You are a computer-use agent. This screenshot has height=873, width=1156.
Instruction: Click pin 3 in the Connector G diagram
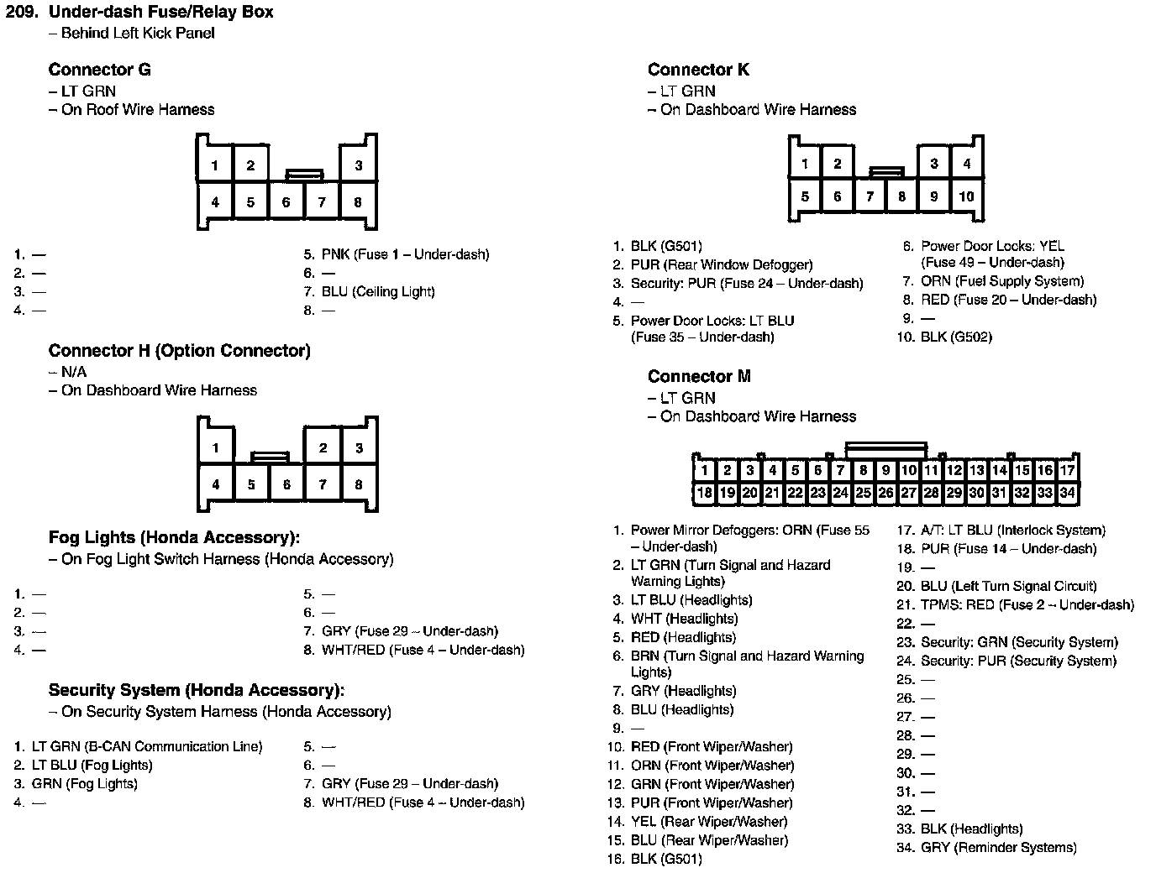[x=358, y=165]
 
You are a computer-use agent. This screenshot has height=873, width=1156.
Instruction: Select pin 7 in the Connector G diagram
[x=322, y=202]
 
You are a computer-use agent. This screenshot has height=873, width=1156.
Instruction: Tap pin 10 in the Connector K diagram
[x=966, y=196]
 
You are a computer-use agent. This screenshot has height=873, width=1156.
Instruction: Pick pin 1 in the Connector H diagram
[x=216, y=447]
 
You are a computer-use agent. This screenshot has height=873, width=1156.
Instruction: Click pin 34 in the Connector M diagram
[x=1067, y=493]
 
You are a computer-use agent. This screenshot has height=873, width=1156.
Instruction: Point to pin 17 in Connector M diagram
[x=1067, y=470]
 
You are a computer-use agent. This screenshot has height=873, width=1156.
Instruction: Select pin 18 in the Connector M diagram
[x=705, y=493]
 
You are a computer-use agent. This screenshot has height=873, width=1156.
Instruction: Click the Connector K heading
[x=698, y=70]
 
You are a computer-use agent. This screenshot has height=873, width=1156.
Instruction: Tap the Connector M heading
[x=699, y=376]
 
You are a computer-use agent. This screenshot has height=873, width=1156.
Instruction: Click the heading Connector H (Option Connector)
[x=179, y=351]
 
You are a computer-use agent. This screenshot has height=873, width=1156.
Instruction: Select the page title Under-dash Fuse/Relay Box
[x=160, y=13]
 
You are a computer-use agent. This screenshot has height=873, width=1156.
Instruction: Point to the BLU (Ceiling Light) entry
[x=378, y=292]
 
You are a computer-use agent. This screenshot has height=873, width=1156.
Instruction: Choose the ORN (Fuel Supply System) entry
[x=1002, y=281]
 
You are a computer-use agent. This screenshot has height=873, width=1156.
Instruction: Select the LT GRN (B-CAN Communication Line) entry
[x=147, y=747]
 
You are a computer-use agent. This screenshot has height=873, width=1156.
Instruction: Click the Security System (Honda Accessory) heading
[x=196, y=691]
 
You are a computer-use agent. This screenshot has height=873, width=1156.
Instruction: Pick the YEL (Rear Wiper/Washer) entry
[x=709, y=822]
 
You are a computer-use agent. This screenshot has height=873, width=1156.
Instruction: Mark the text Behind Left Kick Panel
[x=138, y=34]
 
